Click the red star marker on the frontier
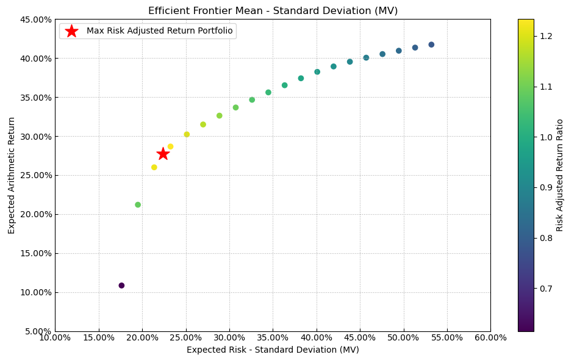(x=163, y=154)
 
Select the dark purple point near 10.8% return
(x=121, y=286)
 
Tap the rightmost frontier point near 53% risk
(x=431, y=45)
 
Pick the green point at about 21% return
(x=138, y=205)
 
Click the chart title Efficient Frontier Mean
(x=273, y=11)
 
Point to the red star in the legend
(x=71, y=31)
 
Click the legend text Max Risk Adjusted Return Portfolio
(x=159, y=31)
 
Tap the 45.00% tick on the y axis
(x=35, y=20)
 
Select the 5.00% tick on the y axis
(x=37, y=331)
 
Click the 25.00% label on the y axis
(x=35, y=175)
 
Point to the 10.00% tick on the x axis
(x=55, y=337)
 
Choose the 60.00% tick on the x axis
(x=490, y=337)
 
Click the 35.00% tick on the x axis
(x=273, y=337)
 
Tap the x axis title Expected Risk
(x=273, y=350)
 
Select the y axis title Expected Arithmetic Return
(x=12, y=175)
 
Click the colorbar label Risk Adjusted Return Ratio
(x=560, y=175)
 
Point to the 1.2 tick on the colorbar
(x=546, y=37)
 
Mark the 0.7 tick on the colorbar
(x=546, y=288)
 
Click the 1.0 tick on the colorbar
(x=546, y=137)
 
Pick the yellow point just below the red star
(x=154, y=167)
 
